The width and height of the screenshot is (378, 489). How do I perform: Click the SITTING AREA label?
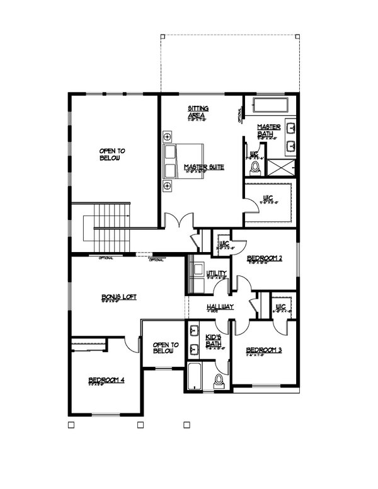(x=198, y=112)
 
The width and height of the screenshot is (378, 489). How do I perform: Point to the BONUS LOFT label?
(x=115, y=297)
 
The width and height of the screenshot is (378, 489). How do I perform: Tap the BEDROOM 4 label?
(x=106, y=379)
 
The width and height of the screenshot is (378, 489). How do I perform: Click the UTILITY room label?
(x=216, y=273)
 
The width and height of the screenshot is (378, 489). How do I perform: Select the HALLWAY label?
(x=220, y=307)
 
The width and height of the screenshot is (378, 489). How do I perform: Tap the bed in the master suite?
(x=184, y=161)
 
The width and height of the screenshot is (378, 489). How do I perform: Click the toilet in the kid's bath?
(x=219, y=381)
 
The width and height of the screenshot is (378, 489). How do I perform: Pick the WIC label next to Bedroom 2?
(x=223, y=244)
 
